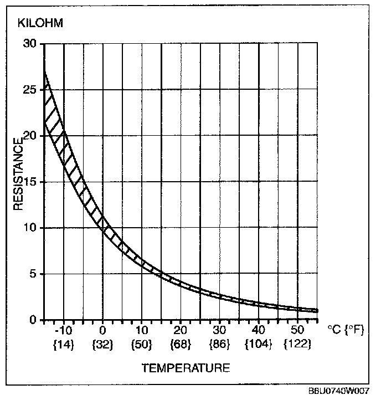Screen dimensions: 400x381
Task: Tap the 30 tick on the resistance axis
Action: tap(30, 43)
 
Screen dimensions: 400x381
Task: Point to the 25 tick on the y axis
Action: tap(30, 89)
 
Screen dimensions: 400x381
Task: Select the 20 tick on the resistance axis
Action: tap(30, 135)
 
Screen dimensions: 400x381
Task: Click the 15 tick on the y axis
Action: tap(30, 182)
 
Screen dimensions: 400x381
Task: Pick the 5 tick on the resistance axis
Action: tap(34, 274)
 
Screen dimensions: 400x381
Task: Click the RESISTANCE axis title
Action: tap(18, 174)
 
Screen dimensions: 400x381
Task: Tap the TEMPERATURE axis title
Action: tap(185, 367)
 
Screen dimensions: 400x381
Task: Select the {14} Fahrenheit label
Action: tap(64, 344)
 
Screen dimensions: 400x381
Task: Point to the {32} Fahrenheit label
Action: tap(103, 344)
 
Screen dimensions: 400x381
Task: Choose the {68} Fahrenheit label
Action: tap(181, 344)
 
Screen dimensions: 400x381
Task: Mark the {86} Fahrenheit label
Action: tap(220, 344)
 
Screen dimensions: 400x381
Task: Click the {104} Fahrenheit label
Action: tap(259, 344)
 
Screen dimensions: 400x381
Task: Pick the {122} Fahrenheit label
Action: tap(298, 344)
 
